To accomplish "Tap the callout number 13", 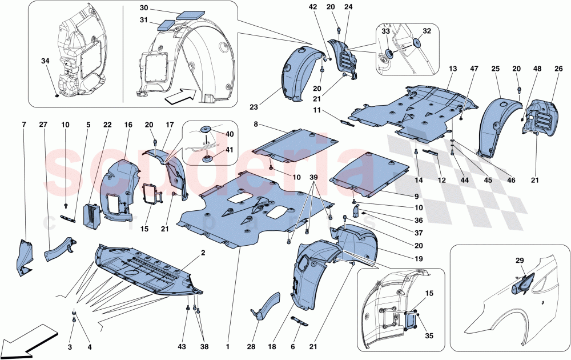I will pyautogui.click(x=453, y=69).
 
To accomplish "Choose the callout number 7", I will pyautogui.click(x=25, y=125).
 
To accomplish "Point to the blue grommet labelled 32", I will pyautogui.click(x=416, y=44).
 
